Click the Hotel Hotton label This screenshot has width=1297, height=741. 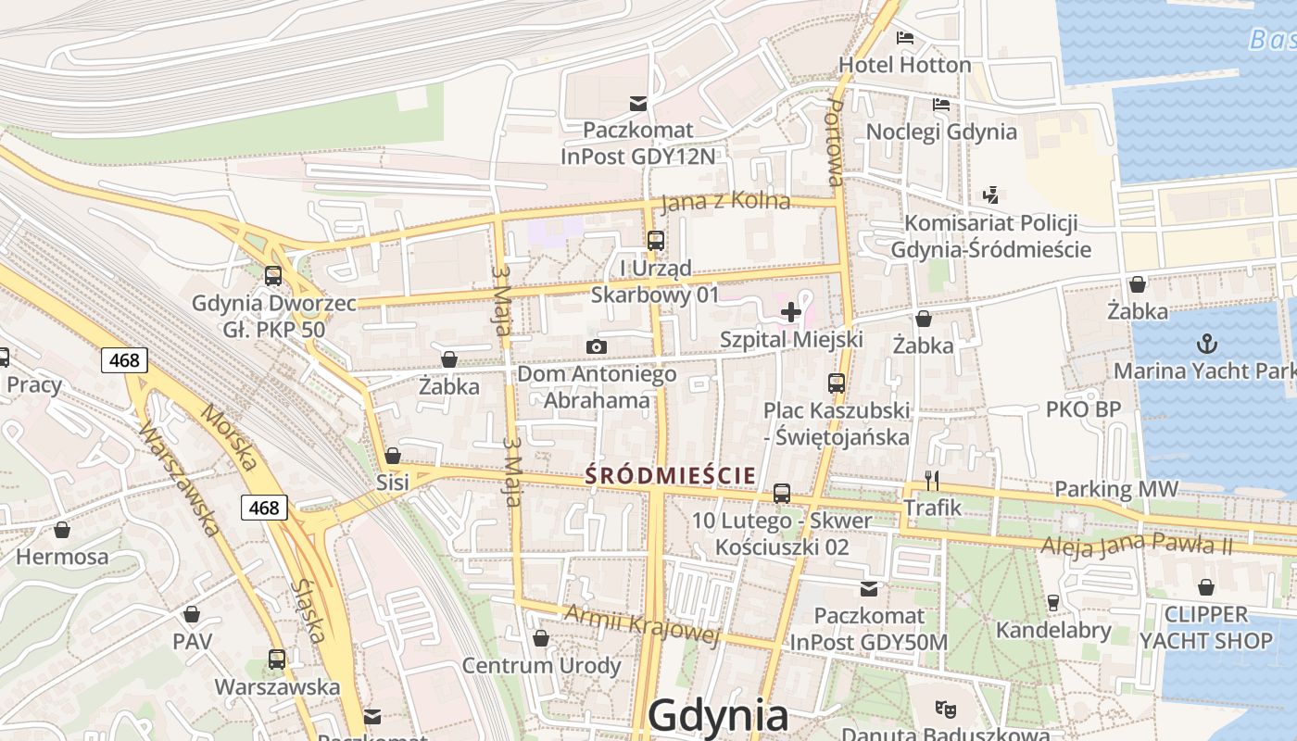[x=904, y=65]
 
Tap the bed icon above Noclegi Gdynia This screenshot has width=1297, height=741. [x=941, y=104]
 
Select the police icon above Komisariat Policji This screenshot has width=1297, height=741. [x=990, y=195]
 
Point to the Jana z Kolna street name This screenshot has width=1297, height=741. [x=725, y=202]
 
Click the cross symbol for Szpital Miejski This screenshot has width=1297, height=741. [x=790, y=312]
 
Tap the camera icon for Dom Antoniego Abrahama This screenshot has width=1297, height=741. [x=597, y=347]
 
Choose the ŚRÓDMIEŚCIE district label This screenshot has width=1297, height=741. [x=671, y=476]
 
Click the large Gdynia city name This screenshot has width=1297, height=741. [x=718, y=716]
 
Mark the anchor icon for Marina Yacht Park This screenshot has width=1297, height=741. [x=1206, y=345]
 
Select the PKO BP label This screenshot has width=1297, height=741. [x=1083, y=409]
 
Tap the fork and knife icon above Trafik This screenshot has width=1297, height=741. [x=932, y=480]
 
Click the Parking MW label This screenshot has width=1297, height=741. [x=1116, y=489]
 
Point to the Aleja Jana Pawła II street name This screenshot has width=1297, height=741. [x=1137, y=545]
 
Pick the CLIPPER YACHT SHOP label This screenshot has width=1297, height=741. [x=1205, y=627]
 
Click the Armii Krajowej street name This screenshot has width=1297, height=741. [x=642, y=624]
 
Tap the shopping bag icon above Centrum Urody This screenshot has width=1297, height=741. [x=541, y=638]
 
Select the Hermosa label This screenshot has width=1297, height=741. [x=62, y=557]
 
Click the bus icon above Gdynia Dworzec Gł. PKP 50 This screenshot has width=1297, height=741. [x=272, y=276]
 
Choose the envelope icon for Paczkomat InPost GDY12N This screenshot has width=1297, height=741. [x=638, y=103]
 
